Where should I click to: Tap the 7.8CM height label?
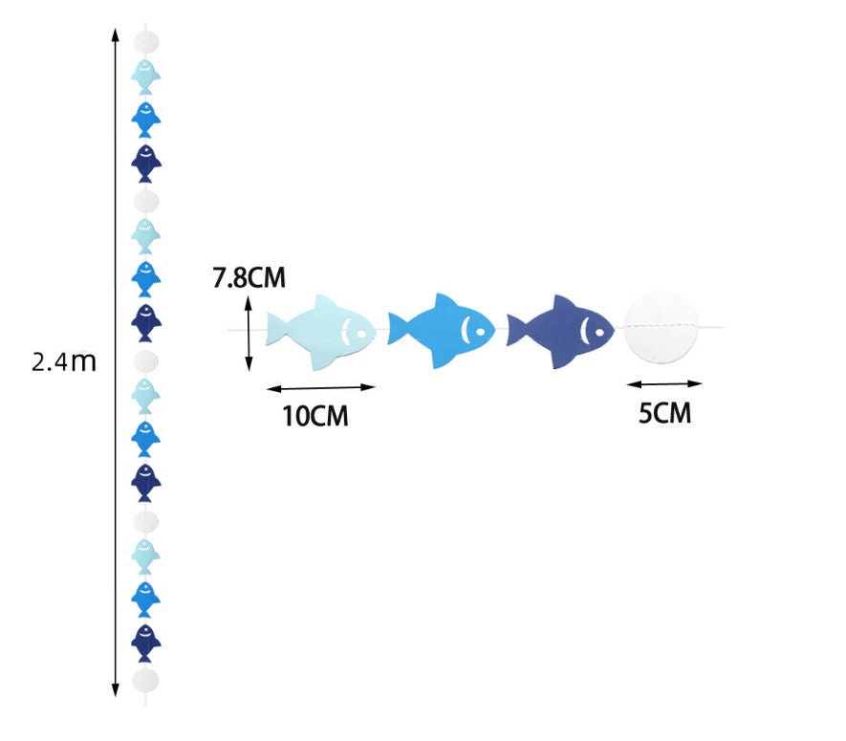(249, 278)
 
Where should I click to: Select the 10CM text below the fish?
(315, 416)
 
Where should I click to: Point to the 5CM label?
(663, 414)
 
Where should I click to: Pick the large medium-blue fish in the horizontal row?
(443, 331)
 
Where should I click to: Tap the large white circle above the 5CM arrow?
(662, 328)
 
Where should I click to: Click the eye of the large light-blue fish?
(362, 334)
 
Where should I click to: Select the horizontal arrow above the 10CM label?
(320, 388)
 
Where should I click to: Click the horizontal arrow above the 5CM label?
(663, 383)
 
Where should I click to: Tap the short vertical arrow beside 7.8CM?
(249, 333)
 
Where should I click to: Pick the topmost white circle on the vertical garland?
(145, 41)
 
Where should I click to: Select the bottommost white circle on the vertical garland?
(145, 680)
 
